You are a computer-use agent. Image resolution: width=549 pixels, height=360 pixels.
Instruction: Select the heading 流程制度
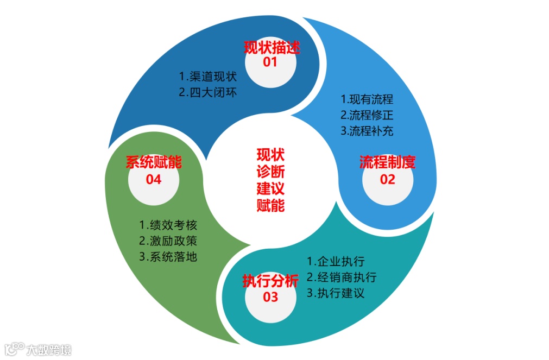[x=387, y=162]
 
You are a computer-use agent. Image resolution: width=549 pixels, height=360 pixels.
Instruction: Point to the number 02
[x=387, y=179]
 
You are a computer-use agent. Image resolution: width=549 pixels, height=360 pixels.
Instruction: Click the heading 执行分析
[x=270, y=281]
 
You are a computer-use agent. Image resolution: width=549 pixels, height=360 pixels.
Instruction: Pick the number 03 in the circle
[x=270, y=297]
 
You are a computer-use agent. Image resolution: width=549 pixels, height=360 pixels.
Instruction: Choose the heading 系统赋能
[x=154, y=162]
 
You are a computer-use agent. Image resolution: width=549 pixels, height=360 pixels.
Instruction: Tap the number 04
[x=154, y=179]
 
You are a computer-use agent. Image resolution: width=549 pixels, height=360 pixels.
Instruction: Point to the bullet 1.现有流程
[x=367, y=99]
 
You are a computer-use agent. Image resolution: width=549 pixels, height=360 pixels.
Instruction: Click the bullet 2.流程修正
[x=367, y=115]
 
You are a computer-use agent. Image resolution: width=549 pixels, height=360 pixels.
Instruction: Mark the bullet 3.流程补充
[x=367, y=131]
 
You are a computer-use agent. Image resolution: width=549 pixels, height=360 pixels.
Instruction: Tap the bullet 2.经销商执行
[x=342, y=277]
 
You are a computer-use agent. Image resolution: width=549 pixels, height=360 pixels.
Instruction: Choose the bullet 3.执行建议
[x=336, y=293]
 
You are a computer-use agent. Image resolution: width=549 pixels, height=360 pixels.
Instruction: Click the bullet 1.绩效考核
[x=168, y=225]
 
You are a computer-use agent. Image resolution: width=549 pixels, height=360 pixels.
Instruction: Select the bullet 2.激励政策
[x=168, y=241]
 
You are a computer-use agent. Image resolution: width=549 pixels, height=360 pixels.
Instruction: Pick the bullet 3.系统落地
[x=168, y=256]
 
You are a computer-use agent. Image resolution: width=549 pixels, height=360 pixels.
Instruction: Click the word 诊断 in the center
[x=270, y=172]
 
